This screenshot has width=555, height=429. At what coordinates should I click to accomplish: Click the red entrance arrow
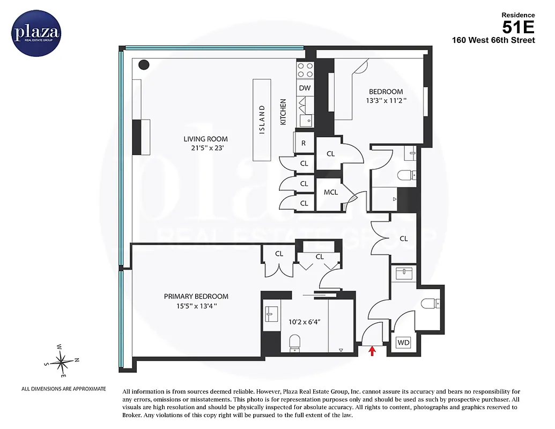373,351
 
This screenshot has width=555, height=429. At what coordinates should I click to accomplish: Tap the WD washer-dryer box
403,343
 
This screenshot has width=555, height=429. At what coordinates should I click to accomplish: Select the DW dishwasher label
305,88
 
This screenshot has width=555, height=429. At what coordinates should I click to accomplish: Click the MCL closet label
331,192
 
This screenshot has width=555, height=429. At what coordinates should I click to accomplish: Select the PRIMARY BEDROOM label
196,297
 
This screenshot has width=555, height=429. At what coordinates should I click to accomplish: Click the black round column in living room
144,65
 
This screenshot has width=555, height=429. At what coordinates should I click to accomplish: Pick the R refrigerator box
304,143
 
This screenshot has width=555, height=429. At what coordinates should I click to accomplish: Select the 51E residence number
519,26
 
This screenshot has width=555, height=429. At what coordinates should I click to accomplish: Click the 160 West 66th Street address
493,40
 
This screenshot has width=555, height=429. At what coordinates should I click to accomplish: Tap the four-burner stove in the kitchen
305,70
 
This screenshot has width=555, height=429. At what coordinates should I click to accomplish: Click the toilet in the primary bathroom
294,342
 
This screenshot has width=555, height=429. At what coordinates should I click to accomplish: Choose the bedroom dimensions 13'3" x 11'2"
385,100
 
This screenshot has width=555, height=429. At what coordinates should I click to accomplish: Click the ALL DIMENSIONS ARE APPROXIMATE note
63,389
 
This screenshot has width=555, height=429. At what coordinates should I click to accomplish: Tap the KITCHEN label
283,113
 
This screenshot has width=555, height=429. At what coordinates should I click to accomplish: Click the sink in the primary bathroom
270,312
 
